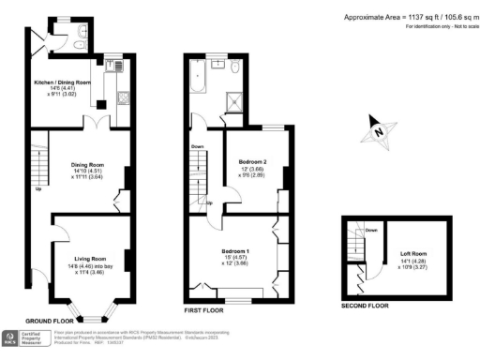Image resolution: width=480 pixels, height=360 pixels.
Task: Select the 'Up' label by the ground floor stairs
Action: (x=38, y=188)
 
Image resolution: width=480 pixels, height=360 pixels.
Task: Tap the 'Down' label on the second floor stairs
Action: (x=371, y=231)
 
